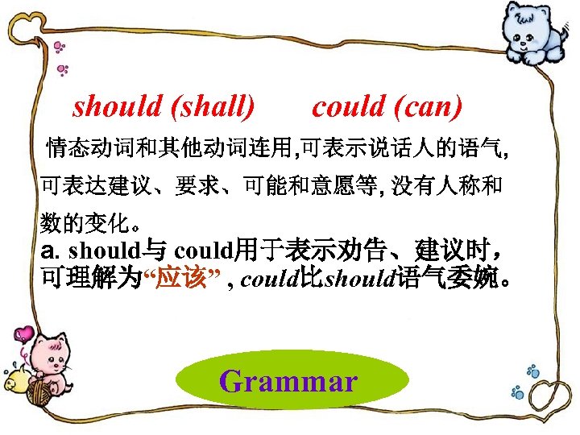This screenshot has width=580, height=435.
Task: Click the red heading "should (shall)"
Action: tap(164, 106)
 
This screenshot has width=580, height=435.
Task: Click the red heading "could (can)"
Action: tap(387, 106)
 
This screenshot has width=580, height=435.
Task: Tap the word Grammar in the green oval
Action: tap(288, 380)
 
